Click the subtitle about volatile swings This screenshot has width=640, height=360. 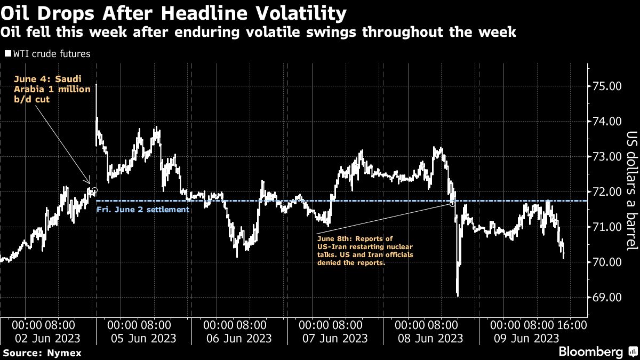(258, 33)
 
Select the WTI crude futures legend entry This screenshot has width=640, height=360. (47, 54)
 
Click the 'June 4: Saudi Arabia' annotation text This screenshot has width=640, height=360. (52, 89)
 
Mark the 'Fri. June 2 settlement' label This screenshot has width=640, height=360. (142, 210)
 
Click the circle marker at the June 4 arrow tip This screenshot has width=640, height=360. (94, 190)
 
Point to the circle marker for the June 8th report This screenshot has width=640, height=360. (452, 204)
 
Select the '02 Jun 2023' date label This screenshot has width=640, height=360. (48, 338)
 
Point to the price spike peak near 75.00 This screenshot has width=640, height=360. (96, 85)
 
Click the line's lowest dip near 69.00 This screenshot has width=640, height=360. (458, 295)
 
